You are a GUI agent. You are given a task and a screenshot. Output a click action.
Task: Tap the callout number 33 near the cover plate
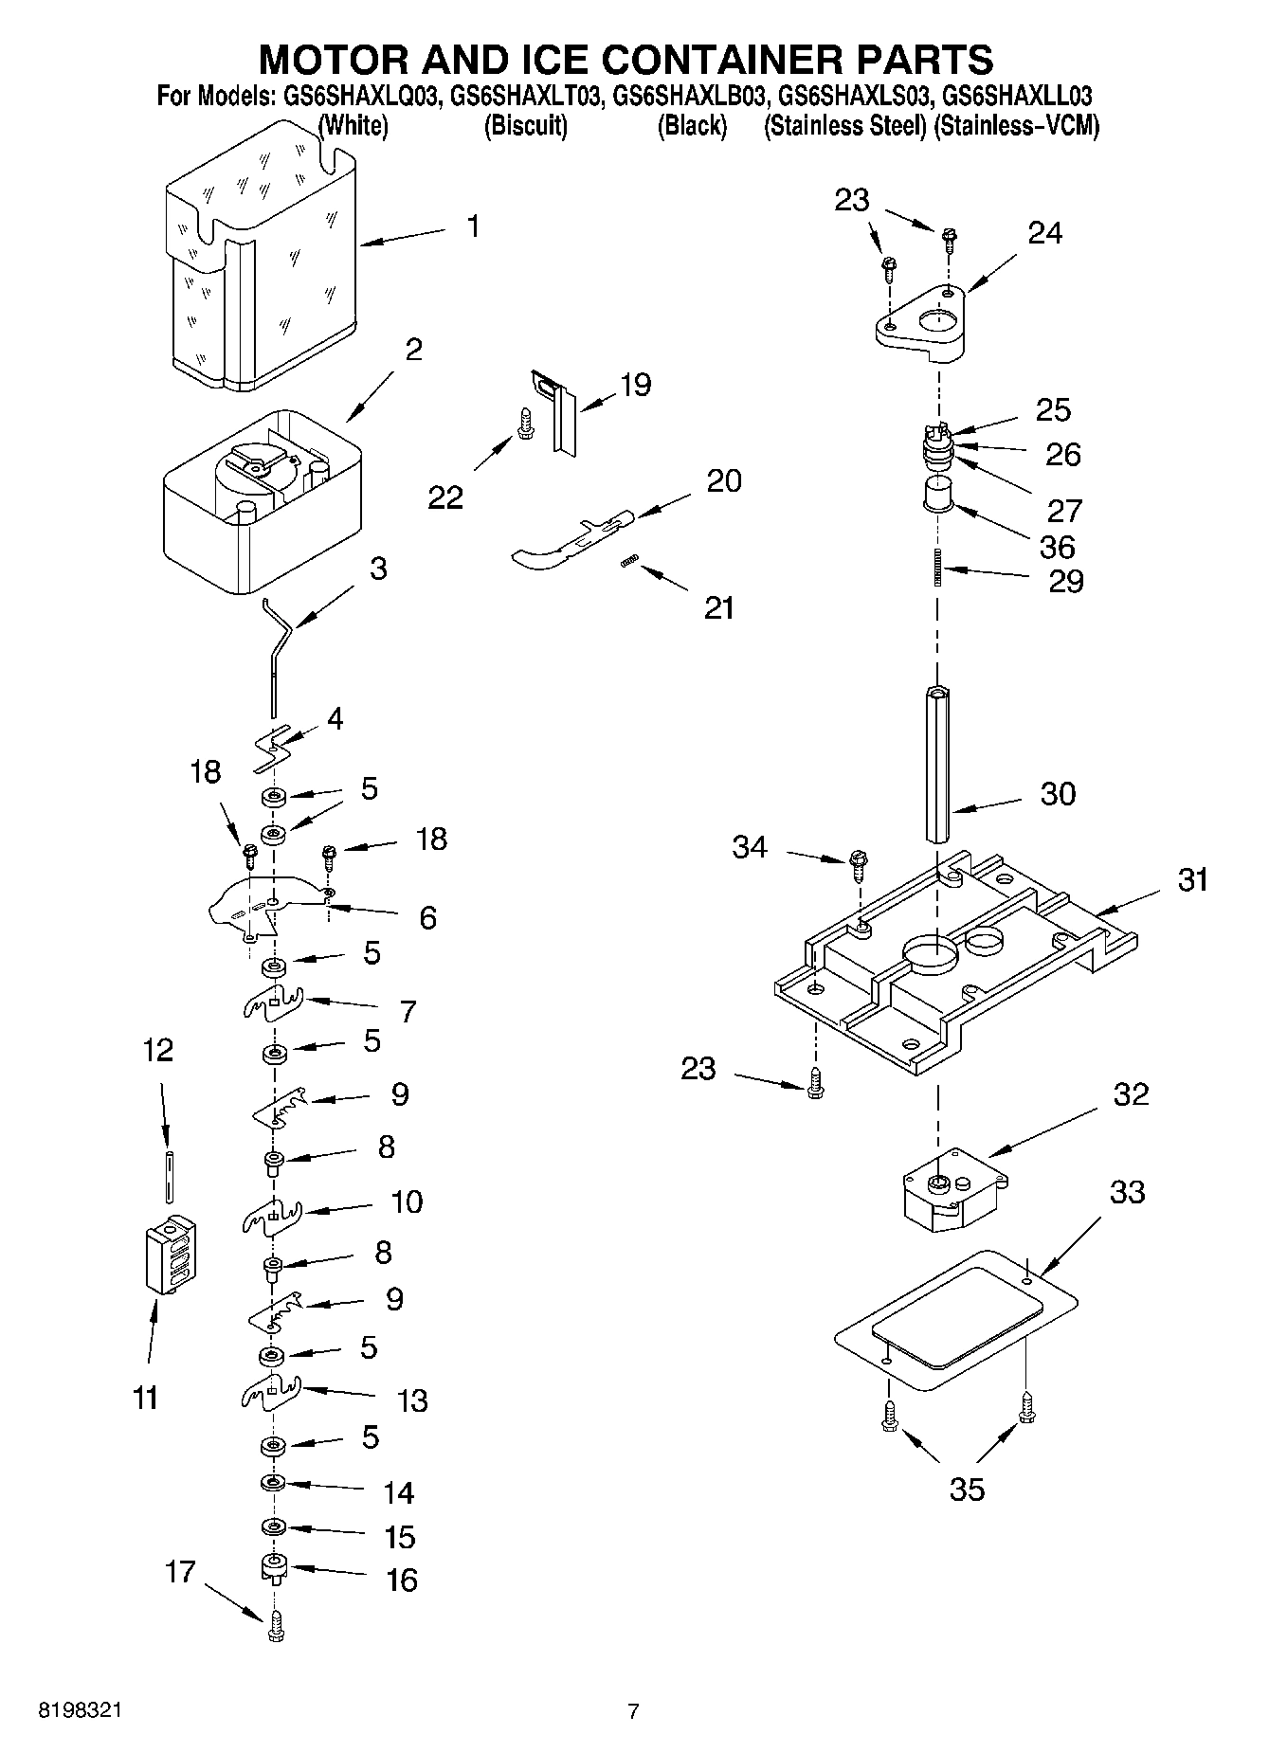1127,1192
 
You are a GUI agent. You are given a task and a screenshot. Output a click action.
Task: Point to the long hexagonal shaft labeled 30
939,766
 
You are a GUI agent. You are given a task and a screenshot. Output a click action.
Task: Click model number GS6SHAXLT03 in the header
525,96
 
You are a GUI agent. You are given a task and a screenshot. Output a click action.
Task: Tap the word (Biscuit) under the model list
525,126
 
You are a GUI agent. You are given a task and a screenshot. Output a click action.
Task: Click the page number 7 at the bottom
633,1711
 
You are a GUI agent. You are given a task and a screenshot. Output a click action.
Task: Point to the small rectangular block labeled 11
171,1254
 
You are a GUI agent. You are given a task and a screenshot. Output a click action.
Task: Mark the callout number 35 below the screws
967,1490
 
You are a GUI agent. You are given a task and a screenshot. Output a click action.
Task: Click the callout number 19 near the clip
635,385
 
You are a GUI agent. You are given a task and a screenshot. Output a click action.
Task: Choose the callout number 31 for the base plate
1192,879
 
